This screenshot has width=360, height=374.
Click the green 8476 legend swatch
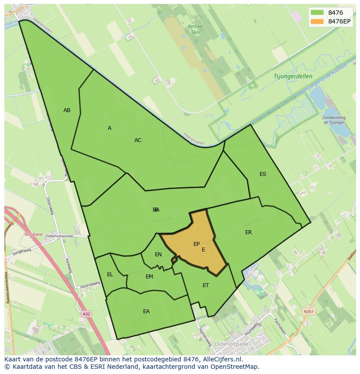(317, 13)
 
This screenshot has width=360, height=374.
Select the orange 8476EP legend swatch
(317, 21)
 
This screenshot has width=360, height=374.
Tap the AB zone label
(67, 110)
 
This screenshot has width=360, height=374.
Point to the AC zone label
(138, 140)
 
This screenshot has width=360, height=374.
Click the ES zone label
(263, 174)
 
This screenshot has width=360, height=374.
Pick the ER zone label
(248, 232)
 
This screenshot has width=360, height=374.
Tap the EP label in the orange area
(197, 244)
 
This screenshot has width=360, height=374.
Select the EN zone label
(158, 255)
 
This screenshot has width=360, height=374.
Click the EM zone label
(149, 277)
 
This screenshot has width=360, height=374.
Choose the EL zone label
(110, 275)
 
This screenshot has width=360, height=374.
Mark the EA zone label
(146, 311)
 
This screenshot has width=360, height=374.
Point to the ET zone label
(206, 285)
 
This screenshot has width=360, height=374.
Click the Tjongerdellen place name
(293, 76)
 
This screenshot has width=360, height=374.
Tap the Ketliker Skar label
(196, 29)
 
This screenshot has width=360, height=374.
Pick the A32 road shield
(87, 313)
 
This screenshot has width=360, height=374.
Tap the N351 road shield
(308, 311)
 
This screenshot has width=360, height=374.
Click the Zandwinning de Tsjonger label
(334, 120)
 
